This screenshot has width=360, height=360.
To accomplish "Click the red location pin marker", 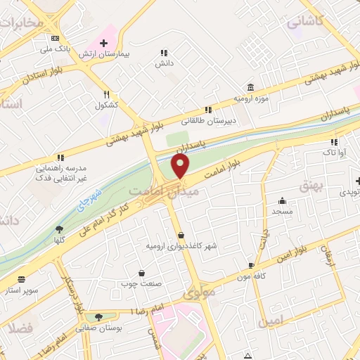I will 181,167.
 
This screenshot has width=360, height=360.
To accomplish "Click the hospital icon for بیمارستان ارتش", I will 104,43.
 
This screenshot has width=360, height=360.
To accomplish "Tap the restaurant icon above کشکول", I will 107,94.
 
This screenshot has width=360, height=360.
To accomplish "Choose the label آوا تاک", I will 331,151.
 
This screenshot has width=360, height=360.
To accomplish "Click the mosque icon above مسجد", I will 282,200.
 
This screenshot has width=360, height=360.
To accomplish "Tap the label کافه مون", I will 252,276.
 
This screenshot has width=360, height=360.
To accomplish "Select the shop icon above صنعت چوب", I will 142,273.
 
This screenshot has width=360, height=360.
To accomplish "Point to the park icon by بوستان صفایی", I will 98,318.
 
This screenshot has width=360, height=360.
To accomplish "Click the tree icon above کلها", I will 59,229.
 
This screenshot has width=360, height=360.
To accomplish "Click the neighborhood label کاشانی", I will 304,21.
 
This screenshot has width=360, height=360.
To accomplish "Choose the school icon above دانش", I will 164,53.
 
